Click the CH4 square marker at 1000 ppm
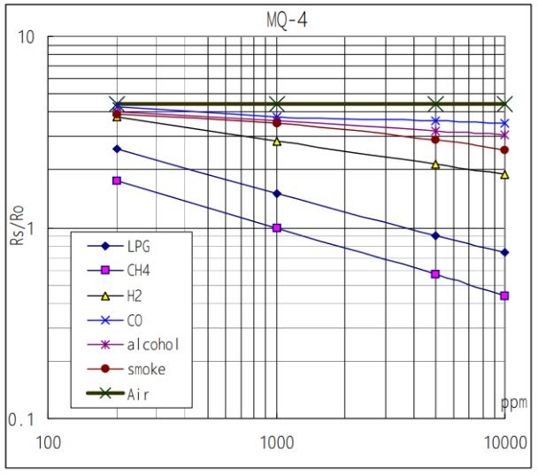click(277, 228)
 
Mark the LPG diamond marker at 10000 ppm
click(504, 252)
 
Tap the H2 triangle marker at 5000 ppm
click(435, 165)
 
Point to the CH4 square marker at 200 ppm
click(116, 180)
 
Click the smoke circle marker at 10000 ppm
click(504, 149)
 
